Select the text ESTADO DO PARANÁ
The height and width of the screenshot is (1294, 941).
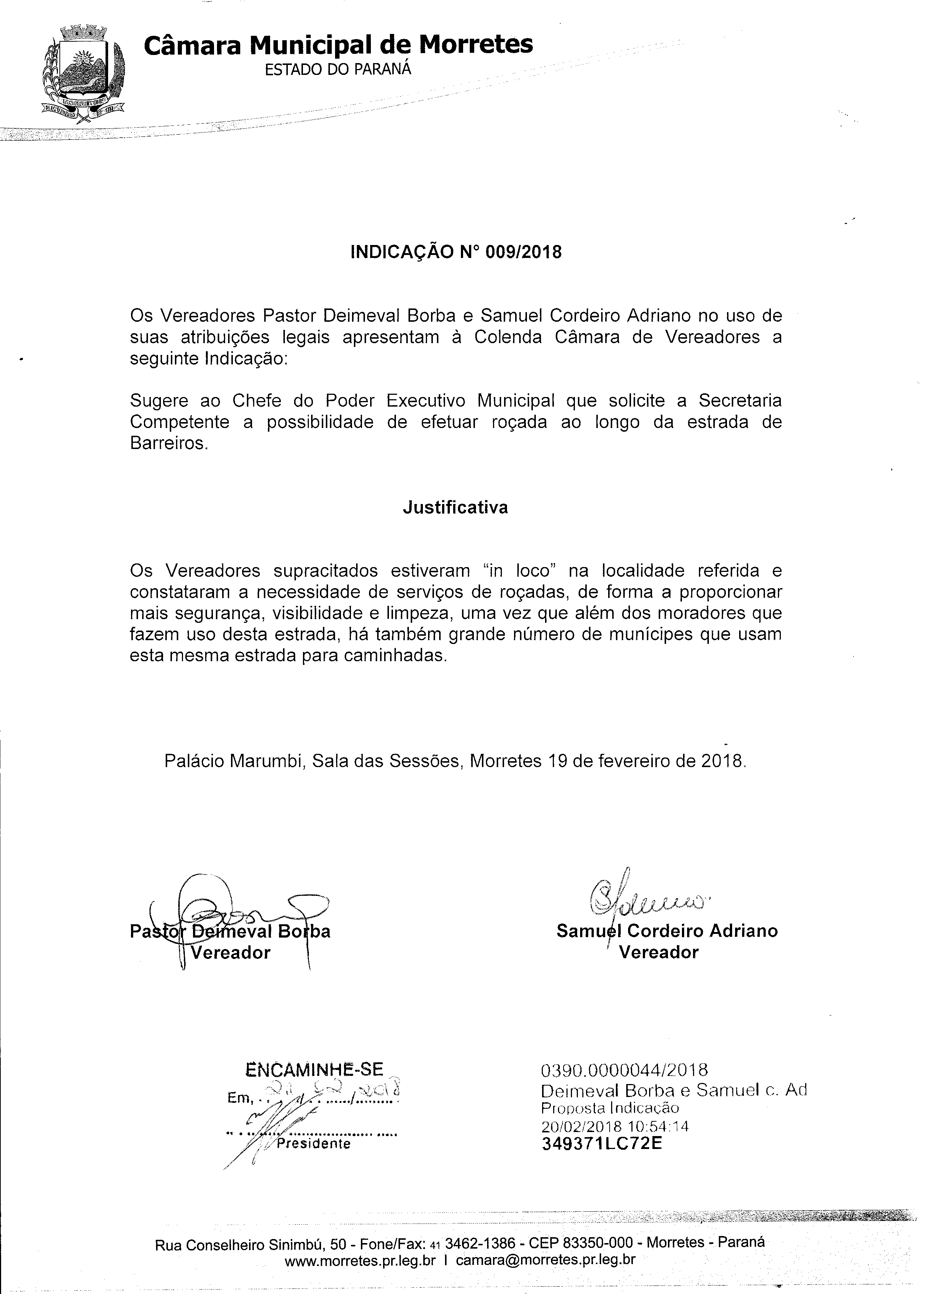click(x=337, y=70)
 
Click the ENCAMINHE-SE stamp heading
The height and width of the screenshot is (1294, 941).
click(x=314, y=1069)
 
